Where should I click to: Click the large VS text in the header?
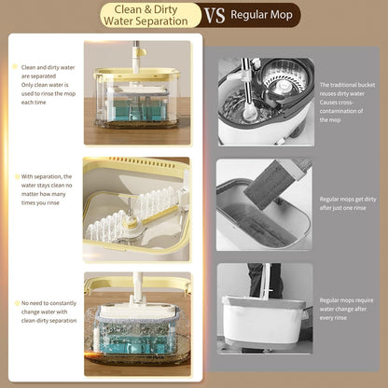click(x=215, y=15)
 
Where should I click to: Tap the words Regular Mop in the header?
click(x=261, y=15)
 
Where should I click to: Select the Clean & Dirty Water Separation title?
click(x=145, y=15)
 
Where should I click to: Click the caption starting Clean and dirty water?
click(x=48, y=85)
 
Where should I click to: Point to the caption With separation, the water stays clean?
click(x=47, y=189)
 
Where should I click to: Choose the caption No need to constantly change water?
click(x=48, y=312)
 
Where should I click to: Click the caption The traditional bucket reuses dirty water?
click(x=347, y=102)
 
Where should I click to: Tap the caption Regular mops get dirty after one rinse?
click(x=348, y=203)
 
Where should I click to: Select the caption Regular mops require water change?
click(x=346, y=309)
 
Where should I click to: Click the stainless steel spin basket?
click(x=284, y=78)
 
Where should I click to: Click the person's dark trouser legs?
click(x=265, y=281)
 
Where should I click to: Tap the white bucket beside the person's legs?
click(x=264, y=320)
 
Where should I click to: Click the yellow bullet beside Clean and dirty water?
click(x=15, y=66)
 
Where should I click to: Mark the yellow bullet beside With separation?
click(x=17, y=176)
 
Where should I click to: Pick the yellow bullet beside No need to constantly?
click(x=17, y=303)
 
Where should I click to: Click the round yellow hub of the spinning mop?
click(x=130, y=223)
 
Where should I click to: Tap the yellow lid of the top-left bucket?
click(x=137, y=74)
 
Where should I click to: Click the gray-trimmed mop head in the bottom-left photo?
click(x=137, y=312)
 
